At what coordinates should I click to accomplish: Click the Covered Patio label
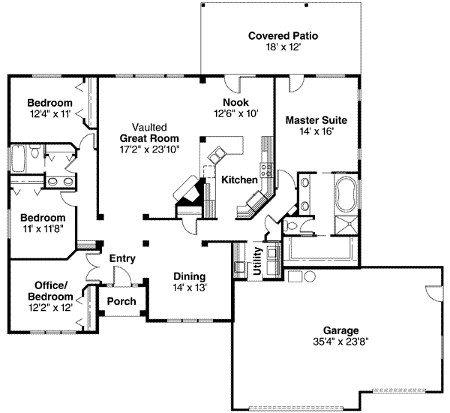pyautogui.click(x=283, y=35)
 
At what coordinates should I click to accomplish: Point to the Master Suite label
pyautogui.click(x=316, y=119)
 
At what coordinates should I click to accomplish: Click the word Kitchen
pyautogui.click(x=239, y=180)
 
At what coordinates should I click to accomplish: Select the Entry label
pyautogui.click(x=122, y=258)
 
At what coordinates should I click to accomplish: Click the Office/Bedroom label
pyautogui.click(x=51, y=290)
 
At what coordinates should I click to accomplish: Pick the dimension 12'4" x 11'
pyautogui.click(x=49, y=114)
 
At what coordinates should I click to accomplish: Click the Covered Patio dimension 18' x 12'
pyautogui.click(x=283, y=47)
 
